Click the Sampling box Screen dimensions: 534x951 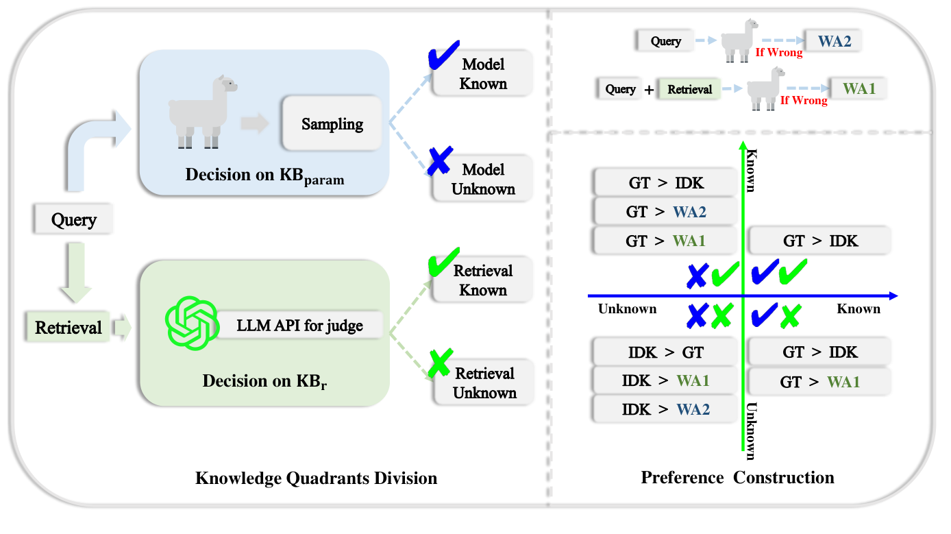[332, 124]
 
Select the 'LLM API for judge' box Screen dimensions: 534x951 [299, 325]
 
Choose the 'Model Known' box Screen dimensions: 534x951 [483, 74]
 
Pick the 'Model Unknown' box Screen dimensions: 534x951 [483, 179]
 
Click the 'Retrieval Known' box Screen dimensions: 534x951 [483, 280]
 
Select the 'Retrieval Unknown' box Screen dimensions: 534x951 [484, 383]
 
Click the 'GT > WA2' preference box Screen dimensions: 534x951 [665, 212]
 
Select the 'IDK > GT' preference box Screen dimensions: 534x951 [665, 353]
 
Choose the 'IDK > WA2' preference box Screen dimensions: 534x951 [665, 409]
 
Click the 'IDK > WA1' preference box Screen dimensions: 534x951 [665, 380]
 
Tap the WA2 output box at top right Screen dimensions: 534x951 [833, 41]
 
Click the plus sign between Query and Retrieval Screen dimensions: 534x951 [648, 90]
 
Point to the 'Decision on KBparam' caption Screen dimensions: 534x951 [264, 175]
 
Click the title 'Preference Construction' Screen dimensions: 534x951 [737, 477]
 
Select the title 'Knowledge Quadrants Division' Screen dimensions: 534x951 [316, 478]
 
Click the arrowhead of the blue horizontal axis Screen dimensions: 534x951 [892, 296]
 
